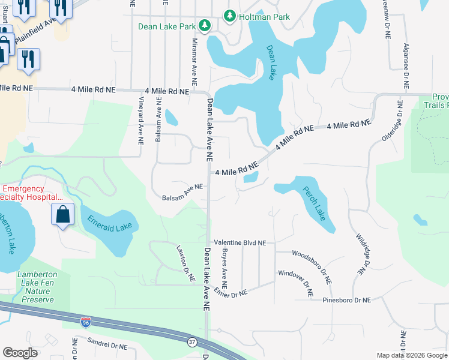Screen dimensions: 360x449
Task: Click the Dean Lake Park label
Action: click(x=167, y=26)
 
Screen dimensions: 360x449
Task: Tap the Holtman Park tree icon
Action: click(x=229, y=16)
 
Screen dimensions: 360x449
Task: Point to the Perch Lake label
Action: click(x=314, y=206)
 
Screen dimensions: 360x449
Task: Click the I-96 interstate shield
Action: click(x=86, y=322)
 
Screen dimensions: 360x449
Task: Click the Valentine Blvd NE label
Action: click(x=240, y=243)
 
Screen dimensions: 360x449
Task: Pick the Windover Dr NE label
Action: click(x=295, y=284)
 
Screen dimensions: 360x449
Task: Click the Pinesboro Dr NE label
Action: click(x=347, y=299)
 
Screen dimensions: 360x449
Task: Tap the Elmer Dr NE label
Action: click(x=230, y=295)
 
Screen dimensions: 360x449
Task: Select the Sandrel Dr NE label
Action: click(x=107, y=346)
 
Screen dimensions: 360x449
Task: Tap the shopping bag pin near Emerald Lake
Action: click(x=62, y=214)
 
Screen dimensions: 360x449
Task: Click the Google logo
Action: click(x=20, y=353)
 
